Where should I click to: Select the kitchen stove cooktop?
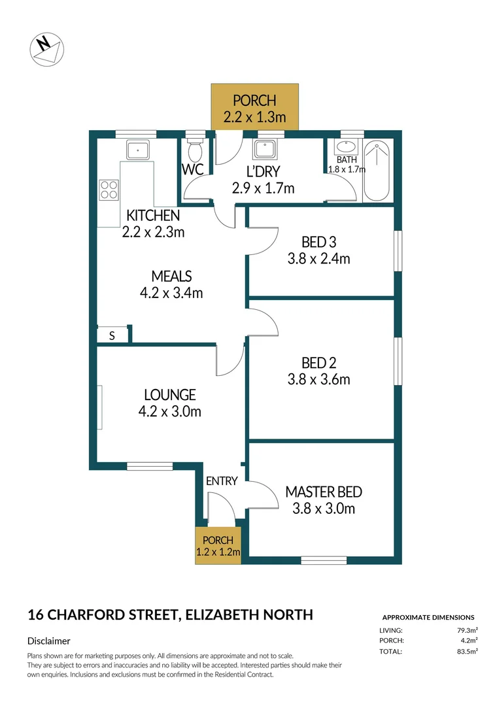(108, 190)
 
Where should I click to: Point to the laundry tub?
(265, 150)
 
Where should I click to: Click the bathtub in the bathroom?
(377, 171)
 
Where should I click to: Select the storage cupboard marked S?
(112, 335)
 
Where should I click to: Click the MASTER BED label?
(324, 492)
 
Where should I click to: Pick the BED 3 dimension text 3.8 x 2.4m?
(318, 258)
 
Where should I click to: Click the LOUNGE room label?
(169, 395)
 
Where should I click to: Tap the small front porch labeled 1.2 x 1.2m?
(218, 546)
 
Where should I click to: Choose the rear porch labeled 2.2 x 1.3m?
(255, 107)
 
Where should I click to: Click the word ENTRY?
(222, 481)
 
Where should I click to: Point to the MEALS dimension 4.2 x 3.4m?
(171, 293)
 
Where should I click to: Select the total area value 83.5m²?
(466, 651)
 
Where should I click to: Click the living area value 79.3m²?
(466, 630)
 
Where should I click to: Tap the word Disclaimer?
(49, 641)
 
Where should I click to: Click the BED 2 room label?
(318, 362)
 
